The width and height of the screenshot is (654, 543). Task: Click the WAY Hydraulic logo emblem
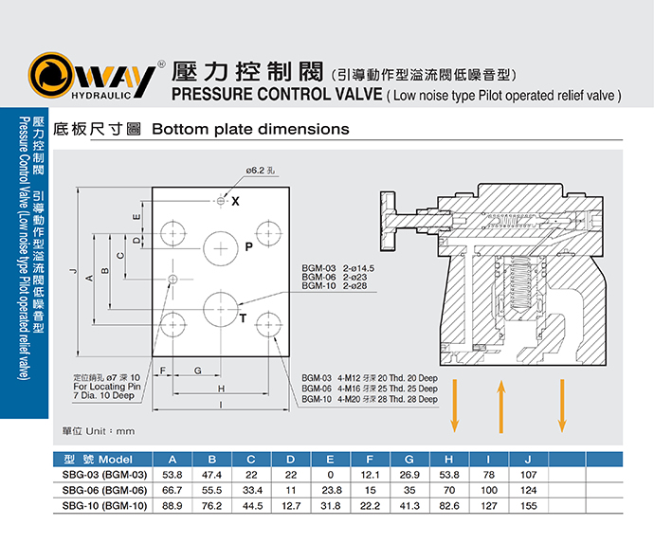(52, 77)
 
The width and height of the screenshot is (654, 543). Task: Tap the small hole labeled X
(221, 201)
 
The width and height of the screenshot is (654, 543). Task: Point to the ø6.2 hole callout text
(262, 171)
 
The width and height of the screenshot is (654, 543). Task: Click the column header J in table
(528, 459)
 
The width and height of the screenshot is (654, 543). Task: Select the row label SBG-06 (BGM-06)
(104, 490)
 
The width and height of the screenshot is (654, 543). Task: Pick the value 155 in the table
(528, 506)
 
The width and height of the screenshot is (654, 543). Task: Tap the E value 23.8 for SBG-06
(331, 490)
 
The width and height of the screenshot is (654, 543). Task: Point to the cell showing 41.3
(409, 506)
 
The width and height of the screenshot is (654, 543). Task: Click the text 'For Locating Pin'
(107, 387)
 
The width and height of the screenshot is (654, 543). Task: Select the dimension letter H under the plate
(221, 389)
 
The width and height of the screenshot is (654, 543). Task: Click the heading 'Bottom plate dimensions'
(250, 129)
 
